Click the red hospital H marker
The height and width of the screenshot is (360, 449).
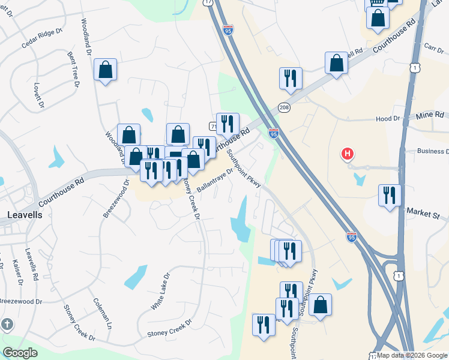click(347, 154)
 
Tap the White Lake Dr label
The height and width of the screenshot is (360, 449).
click(160, 292)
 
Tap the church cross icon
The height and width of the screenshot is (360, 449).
click(7, 325)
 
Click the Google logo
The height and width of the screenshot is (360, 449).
click(20, 352)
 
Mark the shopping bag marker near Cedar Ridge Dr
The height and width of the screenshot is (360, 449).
click(106, 70)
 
